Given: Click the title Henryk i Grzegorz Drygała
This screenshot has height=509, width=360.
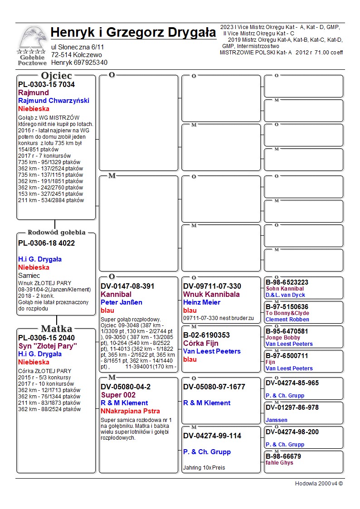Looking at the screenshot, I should click(x=133, y=33).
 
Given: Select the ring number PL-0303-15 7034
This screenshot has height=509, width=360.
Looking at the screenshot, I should click(x=46, y=85).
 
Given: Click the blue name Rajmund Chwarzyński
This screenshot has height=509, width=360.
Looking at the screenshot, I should click(x=54, y=101).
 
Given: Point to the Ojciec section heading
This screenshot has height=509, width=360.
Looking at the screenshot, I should click(x=56, y=75).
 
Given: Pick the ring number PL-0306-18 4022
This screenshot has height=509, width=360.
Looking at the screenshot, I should click(x=46, y=243).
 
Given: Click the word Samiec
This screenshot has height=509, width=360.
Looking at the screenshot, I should click(x=29, y=276).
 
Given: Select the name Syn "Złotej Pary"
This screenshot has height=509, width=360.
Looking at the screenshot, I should click(x=48, y=346).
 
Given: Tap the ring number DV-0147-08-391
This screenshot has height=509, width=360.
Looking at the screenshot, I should click(x=127, y=286).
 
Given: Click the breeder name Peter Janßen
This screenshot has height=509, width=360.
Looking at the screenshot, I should click(x=122, y=302).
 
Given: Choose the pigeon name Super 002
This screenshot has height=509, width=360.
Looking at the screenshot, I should click(x=118, y=395).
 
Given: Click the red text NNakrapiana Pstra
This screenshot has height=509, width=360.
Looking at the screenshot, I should click(x=130, y=411).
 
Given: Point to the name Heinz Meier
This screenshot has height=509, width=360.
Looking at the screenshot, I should click(x=202, y=302).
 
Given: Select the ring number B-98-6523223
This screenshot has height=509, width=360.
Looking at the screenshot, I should click(x=287, y=282).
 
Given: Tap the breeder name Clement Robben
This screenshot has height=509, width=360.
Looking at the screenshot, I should click(x=287, y=320).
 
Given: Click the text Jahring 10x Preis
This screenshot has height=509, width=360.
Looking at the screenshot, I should click(x=204, y=468).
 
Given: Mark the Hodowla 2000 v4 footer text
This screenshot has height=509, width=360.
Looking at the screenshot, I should click(x=319, y=484).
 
